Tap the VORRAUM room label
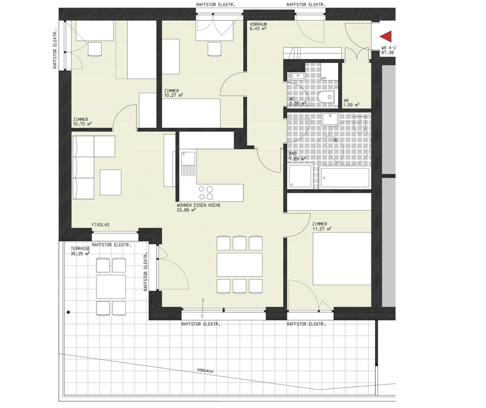click(x=258, y=24)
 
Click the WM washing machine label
click(x=324, y=79)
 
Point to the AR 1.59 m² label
click(x=351, y=103)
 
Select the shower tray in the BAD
click(x=300, y=175)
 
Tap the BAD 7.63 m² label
click(x=297, y=156)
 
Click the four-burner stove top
click(x=206, y=193)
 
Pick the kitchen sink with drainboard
click(x=188, y=164)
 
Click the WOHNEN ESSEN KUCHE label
click(x=198, y=205)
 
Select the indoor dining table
click(x=239, y=265)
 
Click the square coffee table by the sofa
click(x=111, y=182)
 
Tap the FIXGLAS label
click(x=100, y=225)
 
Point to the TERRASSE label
click(x=80, y=249)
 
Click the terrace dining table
click(x=111, y=287)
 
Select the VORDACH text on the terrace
click(x=205, y=370)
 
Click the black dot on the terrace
click(x=68, y=312)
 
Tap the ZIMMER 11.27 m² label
click(x=322, y=226)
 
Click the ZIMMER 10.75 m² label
click(x=82, y=122)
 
